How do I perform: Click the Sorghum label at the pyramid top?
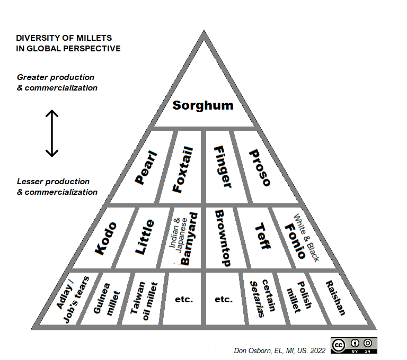click(203, 105)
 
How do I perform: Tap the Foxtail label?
click(183, 169)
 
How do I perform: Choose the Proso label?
click(260, 167)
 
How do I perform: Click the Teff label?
click(262, 237)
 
